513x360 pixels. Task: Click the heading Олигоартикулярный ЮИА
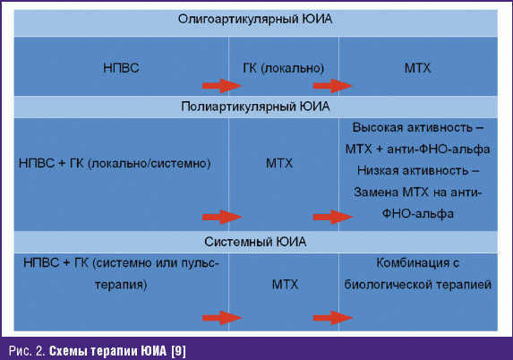pyautogui.click(x=255, y=20)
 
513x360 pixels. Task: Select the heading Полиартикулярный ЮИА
pyautogui.click(x=255, y=107)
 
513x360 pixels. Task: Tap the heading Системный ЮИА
pyautogui.click(x=255, y=242)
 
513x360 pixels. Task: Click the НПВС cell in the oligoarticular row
pyautogui.click(x=121, y=68)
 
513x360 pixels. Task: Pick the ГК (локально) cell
pyautogui.click(x=283, y=68)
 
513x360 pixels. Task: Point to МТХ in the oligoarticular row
pyautogui.click(x=418, y=68)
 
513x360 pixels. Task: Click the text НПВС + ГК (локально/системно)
pyautogui.click(x=115, y=163)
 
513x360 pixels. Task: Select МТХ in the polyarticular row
pyautogui.click(x=279, y=163)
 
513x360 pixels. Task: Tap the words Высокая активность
pyautogui.click(x=413, y=128)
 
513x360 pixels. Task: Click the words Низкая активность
pyautogui.click(x=413, y=170)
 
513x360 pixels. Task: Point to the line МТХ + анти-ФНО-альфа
pyautogui.click(x=418, y=150)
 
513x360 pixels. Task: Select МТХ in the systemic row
pyautogui.click(x=285, y=285)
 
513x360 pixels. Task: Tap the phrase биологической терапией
pyautogui.click(x=418, y=285)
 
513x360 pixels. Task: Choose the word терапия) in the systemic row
pyautogui.click(x=121, y=285)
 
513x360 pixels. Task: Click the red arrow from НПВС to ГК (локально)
pyautogui.click(x=222, y=86)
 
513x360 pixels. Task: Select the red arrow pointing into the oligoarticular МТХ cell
pyautogui.click(x=333, y=86)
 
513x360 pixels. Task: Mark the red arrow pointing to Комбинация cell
pyautogui.click(x=333, y=317)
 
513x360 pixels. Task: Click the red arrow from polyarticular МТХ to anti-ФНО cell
pyautogui.click(x=333, y=217)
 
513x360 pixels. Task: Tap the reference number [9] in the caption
pyautogui.click(x=178, y=351)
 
